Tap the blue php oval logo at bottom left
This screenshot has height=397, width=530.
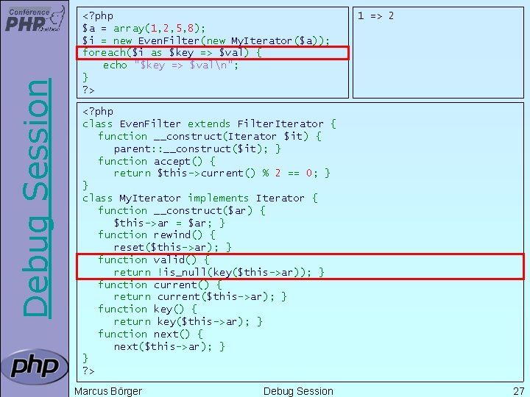[x=34, y=366]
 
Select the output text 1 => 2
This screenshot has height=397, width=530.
[x=375, y=15]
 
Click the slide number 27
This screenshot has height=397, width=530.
[x=517, y=391]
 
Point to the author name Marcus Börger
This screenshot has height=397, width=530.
[x=108, y=391]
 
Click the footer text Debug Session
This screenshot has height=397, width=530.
[x=298, y=391]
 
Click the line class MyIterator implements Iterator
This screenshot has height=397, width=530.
[x=199, y=198]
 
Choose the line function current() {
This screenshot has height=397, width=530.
[x=163, y=285]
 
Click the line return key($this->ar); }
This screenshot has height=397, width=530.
[x=188, y=321]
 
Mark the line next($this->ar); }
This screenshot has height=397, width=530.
[x=169, y=346]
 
